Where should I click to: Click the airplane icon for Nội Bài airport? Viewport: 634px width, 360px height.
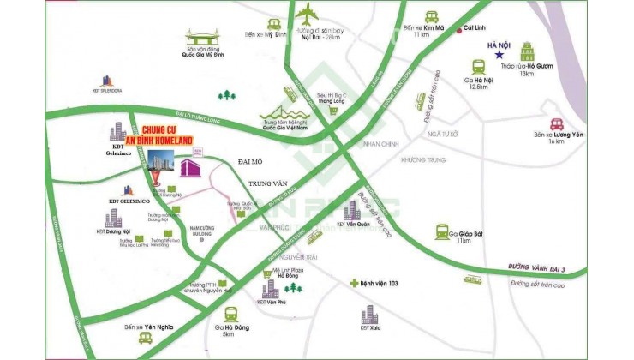(308, 15)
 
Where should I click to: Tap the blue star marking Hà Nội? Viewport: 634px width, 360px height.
(498, 56)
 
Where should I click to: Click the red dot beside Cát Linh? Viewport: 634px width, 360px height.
(458, 31)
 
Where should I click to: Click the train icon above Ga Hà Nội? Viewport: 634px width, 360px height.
(478, 66)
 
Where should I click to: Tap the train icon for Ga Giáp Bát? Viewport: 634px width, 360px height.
(443, 231)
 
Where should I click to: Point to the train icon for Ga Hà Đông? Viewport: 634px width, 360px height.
(230, 314)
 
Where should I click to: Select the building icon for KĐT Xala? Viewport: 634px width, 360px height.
(369, 314)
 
